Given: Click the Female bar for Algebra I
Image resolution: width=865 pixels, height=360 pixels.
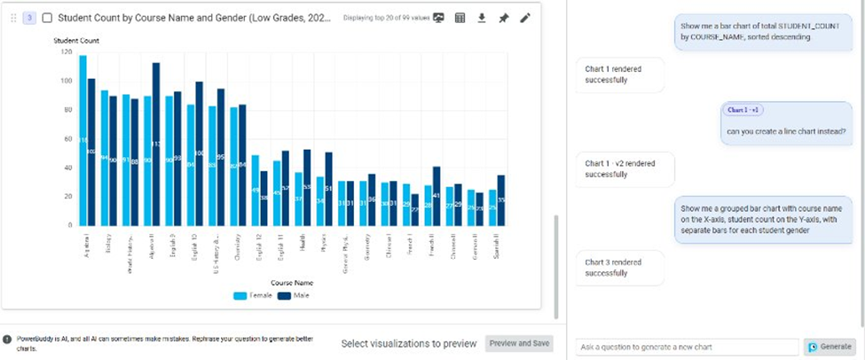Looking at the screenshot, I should pos(83,142).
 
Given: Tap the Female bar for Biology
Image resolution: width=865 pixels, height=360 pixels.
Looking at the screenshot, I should pos(104,160).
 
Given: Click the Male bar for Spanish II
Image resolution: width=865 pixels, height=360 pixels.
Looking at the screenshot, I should pos(501,200).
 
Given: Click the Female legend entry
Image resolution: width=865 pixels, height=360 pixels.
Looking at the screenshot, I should pos(252,295).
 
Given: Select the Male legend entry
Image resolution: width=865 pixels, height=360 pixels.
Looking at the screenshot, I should pos(296,295).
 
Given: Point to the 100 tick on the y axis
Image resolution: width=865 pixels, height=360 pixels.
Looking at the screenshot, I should pos(67,81).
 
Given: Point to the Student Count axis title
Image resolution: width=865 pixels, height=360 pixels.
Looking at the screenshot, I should pos(76,41).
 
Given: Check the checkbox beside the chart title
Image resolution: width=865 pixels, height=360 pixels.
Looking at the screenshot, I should pos(47,18).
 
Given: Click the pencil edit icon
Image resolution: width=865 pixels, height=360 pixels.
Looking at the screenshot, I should pos(524,18).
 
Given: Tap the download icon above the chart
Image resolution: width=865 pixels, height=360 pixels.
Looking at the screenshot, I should pos(482,18).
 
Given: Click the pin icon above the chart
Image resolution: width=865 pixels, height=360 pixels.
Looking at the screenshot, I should pos(503,18).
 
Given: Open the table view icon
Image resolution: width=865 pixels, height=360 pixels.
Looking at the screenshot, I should pos(460,18).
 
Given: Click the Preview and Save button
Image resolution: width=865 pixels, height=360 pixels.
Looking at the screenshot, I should pos(519,343).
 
